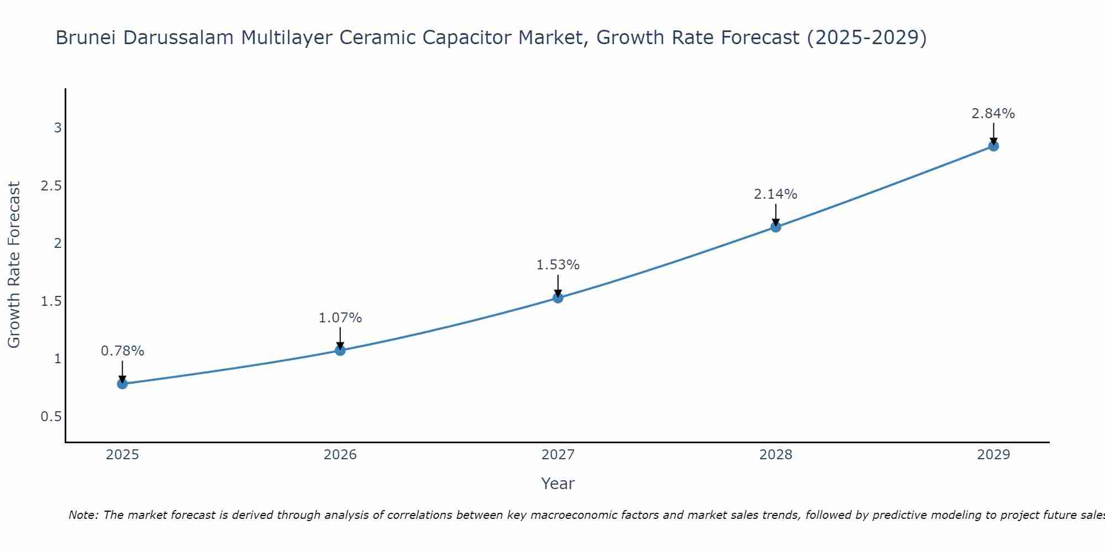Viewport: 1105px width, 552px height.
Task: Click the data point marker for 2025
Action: click(x=122, y=384)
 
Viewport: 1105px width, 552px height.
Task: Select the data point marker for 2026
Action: click(x=340, y=350)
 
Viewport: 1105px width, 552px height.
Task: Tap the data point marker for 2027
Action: click(x=558, y=298)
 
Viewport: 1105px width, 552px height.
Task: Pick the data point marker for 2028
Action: click(x=776, y=227)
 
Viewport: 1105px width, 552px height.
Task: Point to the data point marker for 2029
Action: click(x=993, y=146)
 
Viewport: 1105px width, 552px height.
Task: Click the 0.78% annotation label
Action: click(x=122, y=351)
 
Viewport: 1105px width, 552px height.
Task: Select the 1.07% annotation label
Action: click(x=340, y=318)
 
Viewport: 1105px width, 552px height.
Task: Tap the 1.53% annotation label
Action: click(x=558, y=265)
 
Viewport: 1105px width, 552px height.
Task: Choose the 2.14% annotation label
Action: click(x=776, y=194)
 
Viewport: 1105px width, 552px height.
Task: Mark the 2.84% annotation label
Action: click(x=993, y=114)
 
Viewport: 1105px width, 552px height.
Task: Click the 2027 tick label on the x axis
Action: click(x=558, y=455)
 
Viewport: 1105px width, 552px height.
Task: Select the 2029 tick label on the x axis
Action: click(x=993, y=455)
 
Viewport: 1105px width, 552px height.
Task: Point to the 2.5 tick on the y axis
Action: click(x=51, y=185)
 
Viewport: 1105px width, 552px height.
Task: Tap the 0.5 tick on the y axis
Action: click(x=51, y=416)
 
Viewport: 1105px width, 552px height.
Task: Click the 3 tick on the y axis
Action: click(x=57, y=128)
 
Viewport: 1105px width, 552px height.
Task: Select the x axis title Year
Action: click(x=558, y=484)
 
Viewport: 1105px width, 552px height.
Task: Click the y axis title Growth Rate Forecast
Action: click(x=14, y=265)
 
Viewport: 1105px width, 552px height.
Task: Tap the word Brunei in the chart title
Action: click(x=86, y=38)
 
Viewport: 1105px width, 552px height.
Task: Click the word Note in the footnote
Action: click(x=82, y=515)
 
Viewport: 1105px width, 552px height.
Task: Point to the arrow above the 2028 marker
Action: click(x=776, y=214)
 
